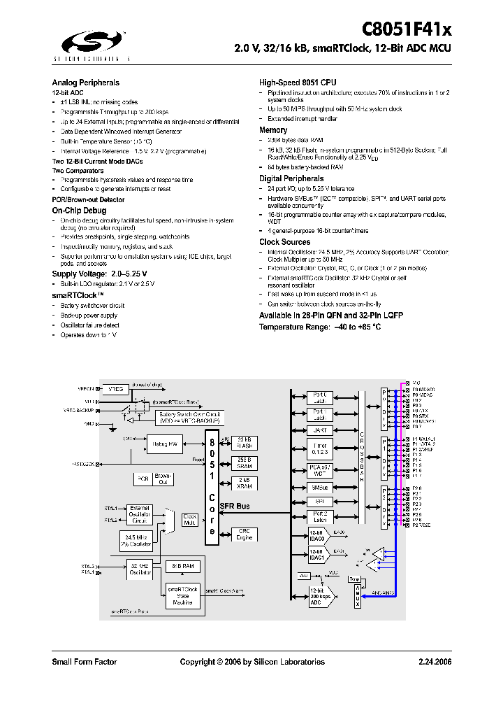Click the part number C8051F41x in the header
(407, 29)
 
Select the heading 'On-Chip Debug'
(79, 210)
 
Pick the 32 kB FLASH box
(245, 442)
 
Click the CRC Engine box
(245, 534)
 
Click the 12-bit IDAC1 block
(319, 555)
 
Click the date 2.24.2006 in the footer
(435, 662)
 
